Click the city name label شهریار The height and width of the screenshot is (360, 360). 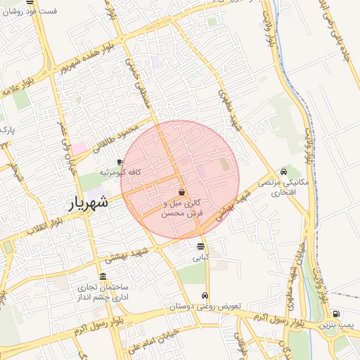click(89, 204)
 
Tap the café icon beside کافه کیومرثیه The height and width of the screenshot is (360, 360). click(120, 162)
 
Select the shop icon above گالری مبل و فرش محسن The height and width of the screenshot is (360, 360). click(181, 192)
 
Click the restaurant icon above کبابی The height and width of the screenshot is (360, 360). click(201, 246)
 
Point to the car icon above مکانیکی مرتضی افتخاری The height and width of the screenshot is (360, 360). click(283, 172)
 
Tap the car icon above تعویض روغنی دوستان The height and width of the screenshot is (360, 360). click(205, 296)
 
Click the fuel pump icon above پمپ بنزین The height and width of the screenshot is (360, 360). click(336, 314)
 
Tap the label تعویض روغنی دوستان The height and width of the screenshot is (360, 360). click(205, 307)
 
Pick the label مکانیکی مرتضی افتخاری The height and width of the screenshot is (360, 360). click(283, 187)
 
